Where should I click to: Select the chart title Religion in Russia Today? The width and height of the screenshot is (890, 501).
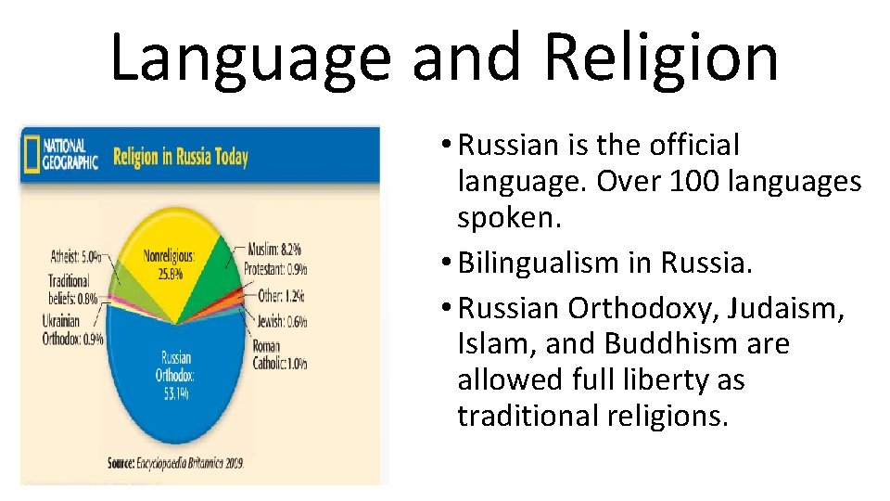tap(181, 156)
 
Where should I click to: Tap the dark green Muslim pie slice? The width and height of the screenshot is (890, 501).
tap(210, 278)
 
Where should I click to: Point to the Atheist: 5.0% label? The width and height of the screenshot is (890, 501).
tap(76, 255)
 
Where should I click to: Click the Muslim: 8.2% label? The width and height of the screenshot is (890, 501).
tap(274, 250)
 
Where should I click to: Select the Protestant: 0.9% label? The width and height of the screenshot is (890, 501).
tap(275, 270)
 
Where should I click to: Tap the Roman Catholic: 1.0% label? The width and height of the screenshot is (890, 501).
tap(279, 354)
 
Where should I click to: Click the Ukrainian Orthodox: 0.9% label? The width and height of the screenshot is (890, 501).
tap(73, 329)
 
